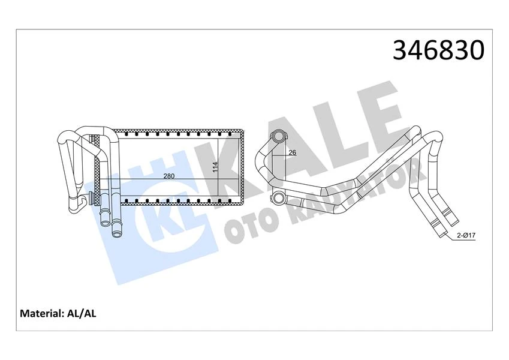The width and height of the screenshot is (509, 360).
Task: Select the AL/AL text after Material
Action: pyautogui.click(x=83, y=313)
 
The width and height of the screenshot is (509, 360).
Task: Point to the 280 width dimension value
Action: pyautogui.click(x=169, y=176)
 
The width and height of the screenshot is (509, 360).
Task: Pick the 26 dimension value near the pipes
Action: pyautogui.click(x=292, y=152)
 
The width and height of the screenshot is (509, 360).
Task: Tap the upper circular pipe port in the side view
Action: pyautogui.click(x=278, y=137)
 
